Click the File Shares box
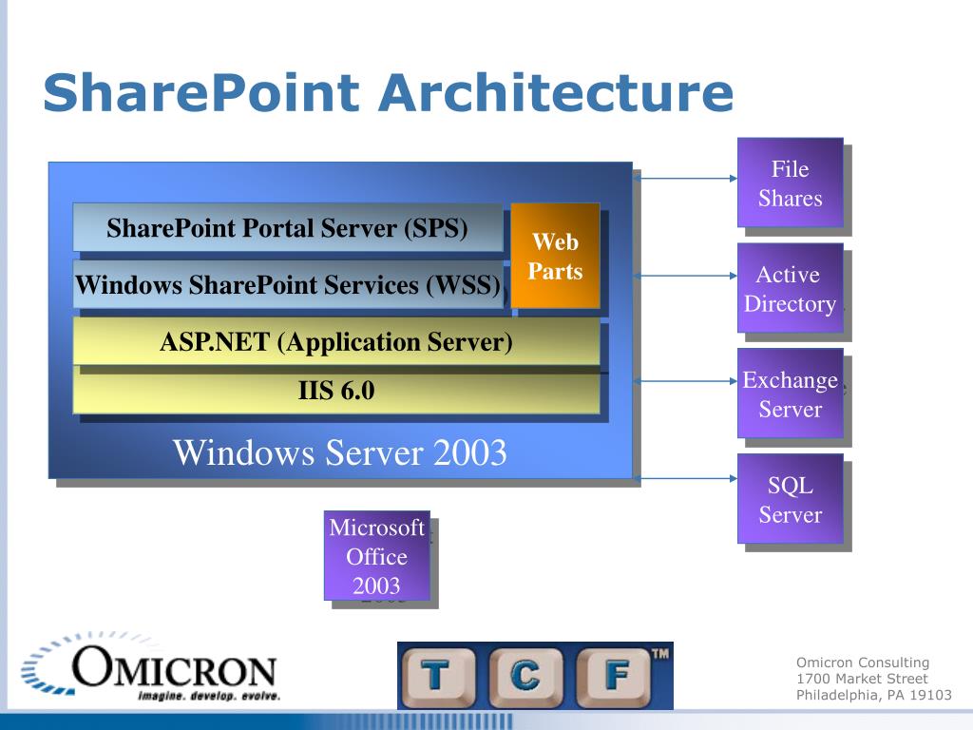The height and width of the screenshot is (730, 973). click(x=790, y=182)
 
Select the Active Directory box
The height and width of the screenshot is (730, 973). click(x=790, y=288)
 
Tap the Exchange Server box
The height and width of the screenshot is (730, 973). click(x=790, y=394)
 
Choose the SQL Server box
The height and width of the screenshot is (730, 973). click(x=790, y=499)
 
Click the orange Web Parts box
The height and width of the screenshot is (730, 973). click(x=555, y=256)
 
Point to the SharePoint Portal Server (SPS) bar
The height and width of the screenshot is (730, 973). click(x=287, y=228)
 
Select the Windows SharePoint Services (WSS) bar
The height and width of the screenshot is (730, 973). click(x=287, y=284)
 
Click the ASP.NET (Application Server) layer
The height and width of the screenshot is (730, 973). click(x=335, y=341)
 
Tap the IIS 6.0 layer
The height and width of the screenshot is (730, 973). click(x=335, y=391)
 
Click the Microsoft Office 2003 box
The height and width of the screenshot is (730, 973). click(x=376, y=556)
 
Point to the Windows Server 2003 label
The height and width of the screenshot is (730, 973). click(x=339, y=452)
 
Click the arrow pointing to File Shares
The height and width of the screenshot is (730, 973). click(x=685, y=178)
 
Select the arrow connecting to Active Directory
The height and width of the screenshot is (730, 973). click(x=685, y=277)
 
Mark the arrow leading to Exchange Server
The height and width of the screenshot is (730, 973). click(x=685, y=382)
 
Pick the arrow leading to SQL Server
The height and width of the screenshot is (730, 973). click(x=685, y=478)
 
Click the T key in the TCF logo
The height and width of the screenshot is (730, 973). click(x=436, y=676)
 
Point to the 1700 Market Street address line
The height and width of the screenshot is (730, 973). click(x=861, y=679)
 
